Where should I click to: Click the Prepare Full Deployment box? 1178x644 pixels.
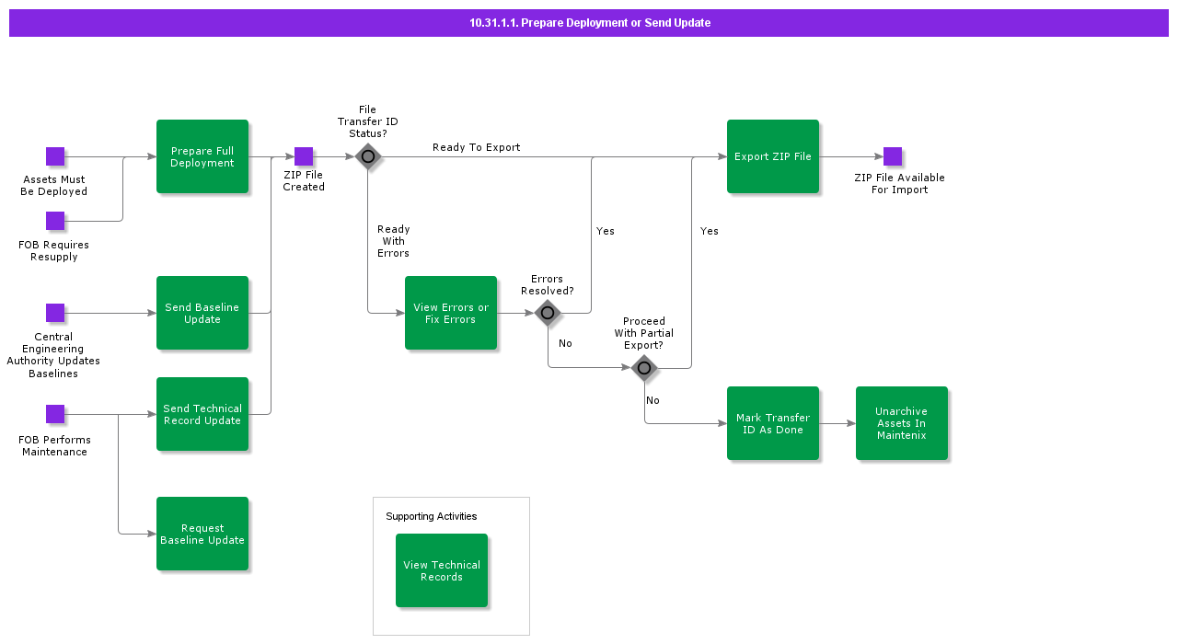point(202,156)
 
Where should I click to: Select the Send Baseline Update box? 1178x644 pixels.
point(202,313)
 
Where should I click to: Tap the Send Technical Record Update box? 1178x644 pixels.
point(202,414)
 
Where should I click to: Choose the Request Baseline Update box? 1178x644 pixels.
point(202,534)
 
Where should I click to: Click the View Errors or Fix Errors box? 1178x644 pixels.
point(451,313)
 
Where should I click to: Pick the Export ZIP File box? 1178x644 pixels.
point(773,156)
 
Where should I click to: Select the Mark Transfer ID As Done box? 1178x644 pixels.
point(773,423)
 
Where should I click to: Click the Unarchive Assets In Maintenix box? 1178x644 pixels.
point(902,423)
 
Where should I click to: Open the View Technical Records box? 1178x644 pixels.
point(442,570)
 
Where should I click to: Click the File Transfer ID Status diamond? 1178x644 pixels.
point(368,156)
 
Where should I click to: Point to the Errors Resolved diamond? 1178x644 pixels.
point(548,313)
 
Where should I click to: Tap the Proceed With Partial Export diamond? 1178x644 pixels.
point(644,368)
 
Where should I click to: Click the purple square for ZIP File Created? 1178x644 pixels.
point(304,156)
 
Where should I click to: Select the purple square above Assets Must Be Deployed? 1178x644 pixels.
point(55,156)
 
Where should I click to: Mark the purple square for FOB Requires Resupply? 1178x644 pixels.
point(55,221)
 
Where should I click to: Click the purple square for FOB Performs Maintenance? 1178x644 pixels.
point(55,414)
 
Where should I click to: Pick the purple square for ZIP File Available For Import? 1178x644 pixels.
point(893,156)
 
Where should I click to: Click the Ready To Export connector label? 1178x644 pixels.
point(476,147)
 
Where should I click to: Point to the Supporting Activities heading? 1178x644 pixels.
point(431,516)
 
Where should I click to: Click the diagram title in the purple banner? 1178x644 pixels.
point(589,23)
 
